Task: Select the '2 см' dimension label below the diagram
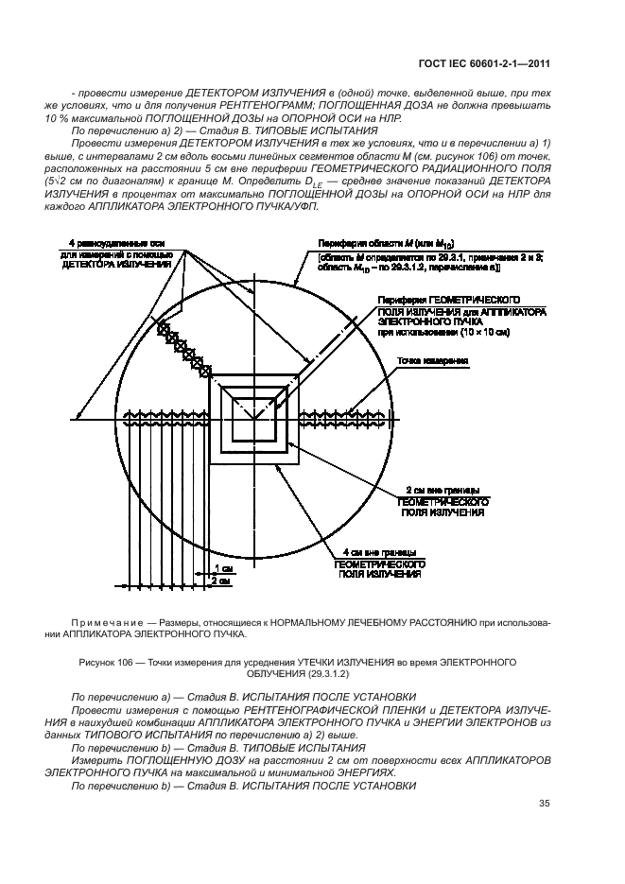(219, 581)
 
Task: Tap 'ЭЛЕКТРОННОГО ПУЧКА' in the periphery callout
(419, 321)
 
